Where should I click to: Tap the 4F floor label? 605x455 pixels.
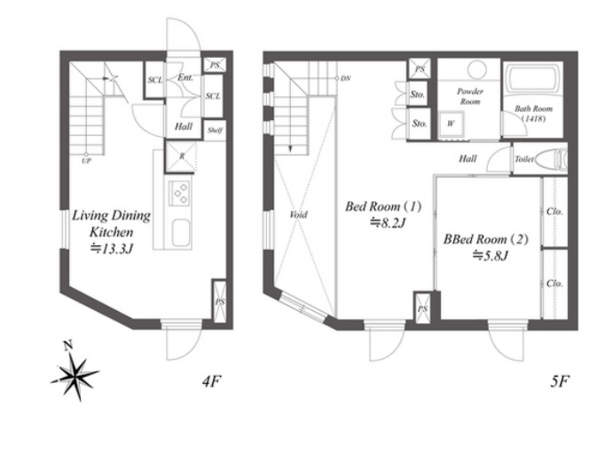[212, 382]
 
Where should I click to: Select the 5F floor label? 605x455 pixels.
[560, 382]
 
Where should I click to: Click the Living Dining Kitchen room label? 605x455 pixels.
[112, 223]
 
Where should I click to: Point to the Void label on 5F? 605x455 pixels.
[298, 214]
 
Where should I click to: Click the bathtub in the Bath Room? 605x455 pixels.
[532, 78]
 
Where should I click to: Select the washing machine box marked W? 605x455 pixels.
[451, 124]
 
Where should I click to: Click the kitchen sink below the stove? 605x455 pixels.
[181, 233]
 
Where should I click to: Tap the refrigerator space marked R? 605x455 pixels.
[181, 156]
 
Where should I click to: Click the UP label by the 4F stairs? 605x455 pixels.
[86, 161]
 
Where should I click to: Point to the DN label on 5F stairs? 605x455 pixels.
[346, 78]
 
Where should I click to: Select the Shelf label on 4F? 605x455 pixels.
[215, 131]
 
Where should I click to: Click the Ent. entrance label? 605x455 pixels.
[185, 77]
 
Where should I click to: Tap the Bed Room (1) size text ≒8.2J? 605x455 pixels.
[388, 223]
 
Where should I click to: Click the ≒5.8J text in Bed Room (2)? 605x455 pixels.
[490, 256]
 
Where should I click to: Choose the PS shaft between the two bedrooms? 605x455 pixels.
[422, 307]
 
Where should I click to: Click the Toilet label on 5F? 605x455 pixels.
[524, 159]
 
